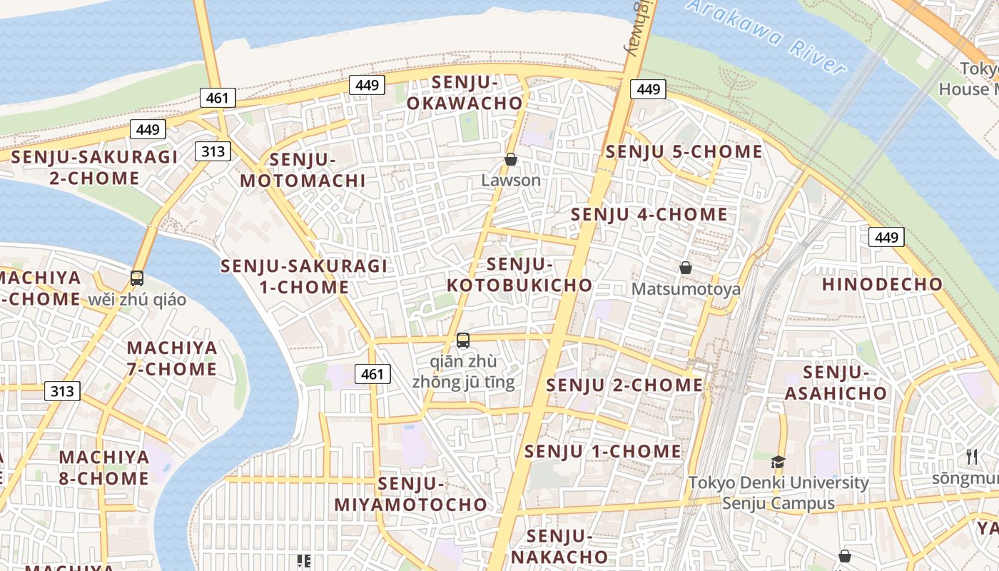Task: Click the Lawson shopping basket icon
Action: [511, 159]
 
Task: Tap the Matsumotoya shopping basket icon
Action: [686, 268]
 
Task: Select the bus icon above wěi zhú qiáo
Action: [137, 278]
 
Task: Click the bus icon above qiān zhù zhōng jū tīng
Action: [463, 340]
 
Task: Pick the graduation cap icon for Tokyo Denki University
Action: [778, 462]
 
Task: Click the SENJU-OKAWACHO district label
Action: [465, 93]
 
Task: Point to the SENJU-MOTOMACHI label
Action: [303, 170]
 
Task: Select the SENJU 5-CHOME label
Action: [684, 151]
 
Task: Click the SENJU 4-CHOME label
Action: [649, 214]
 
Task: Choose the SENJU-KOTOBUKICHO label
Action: [519, 275]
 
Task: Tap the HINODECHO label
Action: [882, 284]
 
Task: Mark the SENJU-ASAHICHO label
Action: [836, 383]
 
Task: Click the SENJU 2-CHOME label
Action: [624, 385]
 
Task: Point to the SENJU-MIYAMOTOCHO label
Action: [411, 494]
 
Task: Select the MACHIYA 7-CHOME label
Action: [172, 358]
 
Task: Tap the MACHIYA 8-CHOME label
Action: [104, 468]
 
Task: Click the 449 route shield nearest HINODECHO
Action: [886, 237]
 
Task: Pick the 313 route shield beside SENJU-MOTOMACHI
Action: [213, 151]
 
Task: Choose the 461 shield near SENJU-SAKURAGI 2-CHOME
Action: [218, 98]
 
